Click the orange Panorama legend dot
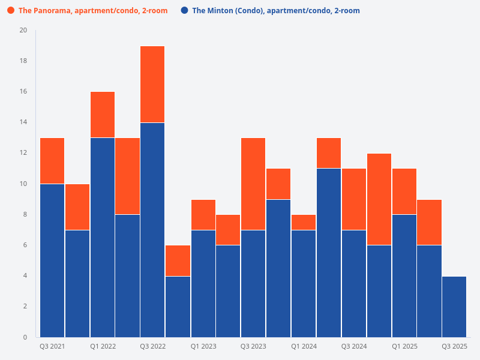point(11,11)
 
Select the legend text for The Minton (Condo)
point(275,11)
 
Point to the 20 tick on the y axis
point(23,30)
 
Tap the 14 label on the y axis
point(23,122)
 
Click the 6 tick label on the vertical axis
point(25,245)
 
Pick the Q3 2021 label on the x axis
point(52,346)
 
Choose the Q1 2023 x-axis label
point(203,346)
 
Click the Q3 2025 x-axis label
point(454,346)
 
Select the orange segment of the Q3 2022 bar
point(153,85)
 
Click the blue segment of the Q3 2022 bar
point(153,230)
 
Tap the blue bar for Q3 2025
point(454,306)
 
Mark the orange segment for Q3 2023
point(253,184)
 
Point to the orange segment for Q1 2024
point(304,222)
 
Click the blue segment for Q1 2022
point(103,237)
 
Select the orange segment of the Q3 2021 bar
point(52,161)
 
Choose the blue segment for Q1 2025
point(404,275)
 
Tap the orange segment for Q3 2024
point(354,199)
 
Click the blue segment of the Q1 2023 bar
point(203,283)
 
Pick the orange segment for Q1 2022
point(103,115)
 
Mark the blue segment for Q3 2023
point(253,283)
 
